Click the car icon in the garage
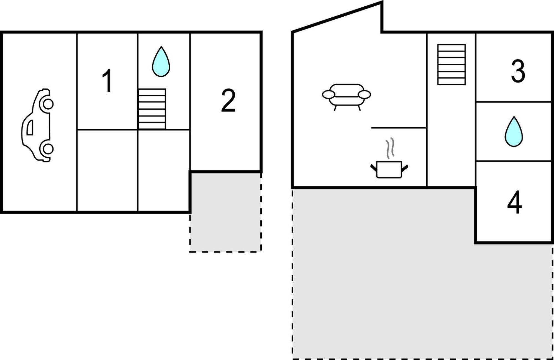point(37,125)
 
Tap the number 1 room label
point(107,81)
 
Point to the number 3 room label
point(518,71)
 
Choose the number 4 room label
point(514,202)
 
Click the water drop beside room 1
point(161,61)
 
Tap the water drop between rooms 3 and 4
point(514,132)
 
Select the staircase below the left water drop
point(152,109)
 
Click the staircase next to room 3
point(452,65)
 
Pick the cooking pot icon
point(389,169)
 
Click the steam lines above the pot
point(390,148)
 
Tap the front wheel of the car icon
point(48,104)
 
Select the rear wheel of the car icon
point(48,149)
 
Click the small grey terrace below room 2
point(225,212)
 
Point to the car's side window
point(30,127)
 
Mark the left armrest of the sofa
point(329,94)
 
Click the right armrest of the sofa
point(364,94)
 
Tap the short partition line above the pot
point(399,128)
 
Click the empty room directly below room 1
point(107,170)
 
